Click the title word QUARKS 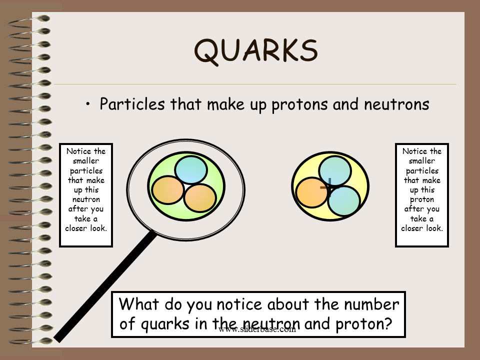pos(256,51)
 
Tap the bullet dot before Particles pos(88,104)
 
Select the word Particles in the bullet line pos(132,104)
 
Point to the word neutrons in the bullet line pos(396,104)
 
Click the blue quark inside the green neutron pos(191,170)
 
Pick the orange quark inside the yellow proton pos(312,193)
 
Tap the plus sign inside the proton pos(328,186)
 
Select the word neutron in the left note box pos(86,199)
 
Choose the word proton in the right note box pos(422,200)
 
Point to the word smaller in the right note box pos(422,160)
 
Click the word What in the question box pos(139,304)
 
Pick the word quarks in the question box pos(165,324)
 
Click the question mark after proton pos(388,323)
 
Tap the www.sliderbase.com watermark pos(257,329)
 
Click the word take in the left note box pos(82,219)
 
